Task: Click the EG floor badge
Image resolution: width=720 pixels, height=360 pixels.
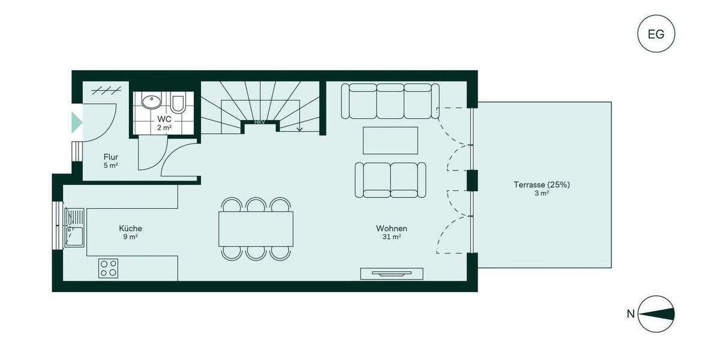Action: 656,34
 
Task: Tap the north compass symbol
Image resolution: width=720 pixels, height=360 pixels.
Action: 656,314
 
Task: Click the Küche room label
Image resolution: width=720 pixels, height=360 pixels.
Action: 130,229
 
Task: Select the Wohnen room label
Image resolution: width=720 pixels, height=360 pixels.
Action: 392,229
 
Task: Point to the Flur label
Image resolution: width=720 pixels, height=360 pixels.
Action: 110,157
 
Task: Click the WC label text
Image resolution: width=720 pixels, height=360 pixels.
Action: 164,119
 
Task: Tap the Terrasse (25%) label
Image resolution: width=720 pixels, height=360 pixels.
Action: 541,185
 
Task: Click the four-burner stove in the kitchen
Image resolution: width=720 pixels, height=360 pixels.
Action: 109,268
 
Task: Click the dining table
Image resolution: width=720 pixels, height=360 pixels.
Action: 256,229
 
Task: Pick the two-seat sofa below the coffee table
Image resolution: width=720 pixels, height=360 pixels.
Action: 390,179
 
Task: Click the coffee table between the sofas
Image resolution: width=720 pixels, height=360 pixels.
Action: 391,140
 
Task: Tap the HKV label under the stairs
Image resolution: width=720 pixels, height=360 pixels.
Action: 260,122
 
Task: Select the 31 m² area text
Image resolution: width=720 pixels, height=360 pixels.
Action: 392,238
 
